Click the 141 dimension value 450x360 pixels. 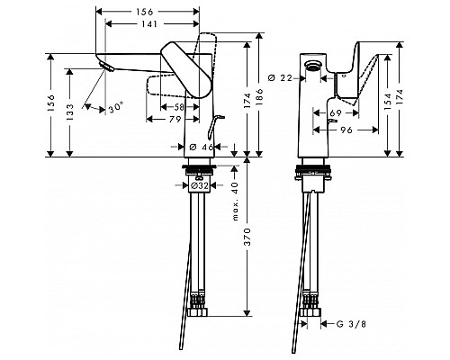[148, 23]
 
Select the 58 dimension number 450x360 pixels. [179, 107]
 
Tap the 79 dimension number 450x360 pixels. [175, 119]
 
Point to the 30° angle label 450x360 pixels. [116, 107]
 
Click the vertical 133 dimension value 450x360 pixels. [69, 112]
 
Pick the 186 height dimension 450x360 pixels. [259, 96]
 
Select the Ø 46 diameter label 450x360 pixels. [202, 147]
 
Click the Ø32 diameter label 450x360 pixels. [199, 185]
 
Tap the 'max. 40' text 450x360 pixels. [235, 201]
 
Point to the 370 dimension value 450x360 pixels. [247, 237]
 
